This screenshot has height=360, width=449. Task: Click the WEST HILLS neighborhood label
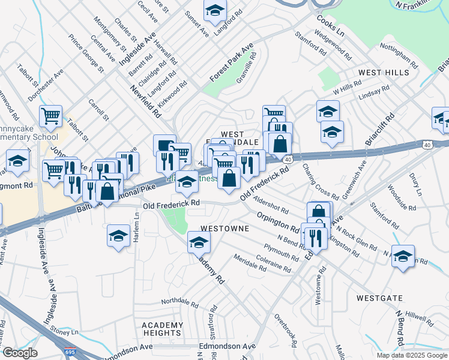click(384, 72)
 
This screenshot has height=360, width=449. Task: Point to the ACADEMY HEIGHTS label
click(162, 329)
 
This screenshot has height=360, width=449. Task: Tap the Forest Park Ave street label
click(232, 63)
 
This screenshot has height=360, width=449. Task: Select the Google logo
click(20, 353)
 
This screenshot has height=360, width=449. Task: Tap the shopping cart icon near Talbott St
click(51, 116)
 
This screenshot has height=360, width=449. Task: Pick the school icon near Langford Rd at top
click(215, 9)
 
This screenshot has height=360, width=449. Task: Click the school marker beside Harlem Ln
click(119, 235)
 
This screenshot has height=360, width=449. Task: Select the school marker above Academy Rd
click(199, 242)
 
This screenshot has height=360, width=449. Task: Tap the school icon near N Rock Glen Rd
click(403, 256)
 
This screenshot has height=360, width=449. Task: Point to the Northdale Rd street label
click(179, 301)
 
